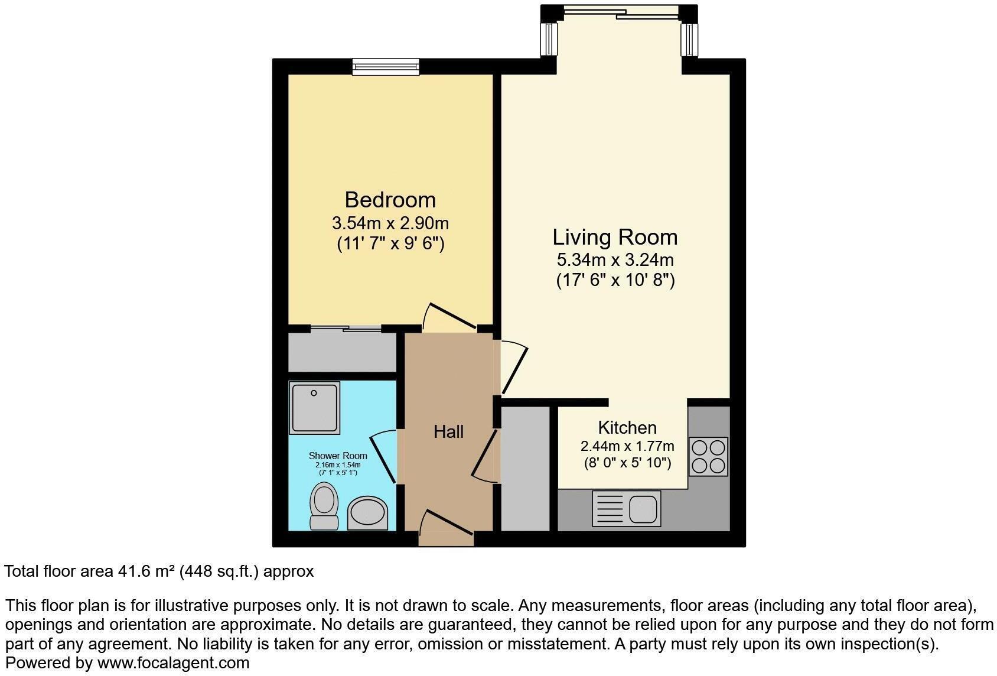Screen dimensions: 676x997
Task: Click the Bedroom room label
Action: click(x=390, y=200)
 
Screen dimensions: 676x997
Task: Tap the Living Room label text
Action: click(x=615, y=237)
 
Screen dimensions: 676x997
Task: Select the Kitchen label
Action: click(x=627, y=427)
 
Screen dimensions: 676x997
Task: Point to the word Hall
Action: click(x=448, y=432)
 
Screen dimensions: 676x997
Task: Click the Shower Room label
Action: click(x=338, y=456)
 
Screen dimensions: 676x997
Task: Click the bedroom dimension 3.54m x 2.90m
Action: click(x=390, y=223)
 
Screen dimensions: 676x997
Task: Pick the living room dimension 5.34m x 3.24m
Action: click(x=615, y=259)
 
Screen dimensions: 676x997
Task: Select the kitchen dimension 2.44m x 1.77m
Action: click(x=627, y=446)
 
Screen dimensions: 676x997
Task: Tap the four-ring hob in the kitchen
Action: click(x=708, y=456)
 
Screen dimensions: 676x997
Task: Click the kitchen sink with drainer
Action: click(x=626, y=508)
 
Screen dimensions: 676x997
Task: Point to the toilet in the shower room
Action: click(x=324, y=506)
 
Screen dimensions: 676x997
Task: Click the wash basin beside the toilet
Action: click(x=367, y=513)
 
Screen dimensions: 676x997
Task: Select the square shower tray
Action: click(x=314, y=407)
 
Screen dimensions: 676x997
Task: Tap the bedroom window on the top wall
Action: click(x=386, y=67)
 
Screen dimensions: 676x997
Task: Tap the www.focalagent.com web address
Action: click(x=173, y=663)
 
